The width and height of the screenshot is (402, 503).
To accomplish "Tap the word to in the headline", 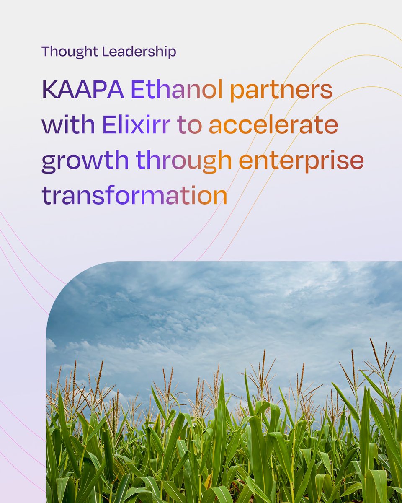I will tap(189, 126).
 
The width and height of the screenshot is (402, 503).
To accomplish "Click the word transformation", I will tap(134, 196).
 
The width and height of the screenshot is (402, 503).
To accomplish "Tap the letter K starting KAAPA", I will tap(49, 90).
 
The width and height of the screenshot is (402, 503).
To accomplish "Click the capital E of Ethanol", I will tap(136, 90).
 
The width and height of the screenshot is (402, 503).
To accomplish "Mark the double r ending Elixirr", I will tap(164, 126).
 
